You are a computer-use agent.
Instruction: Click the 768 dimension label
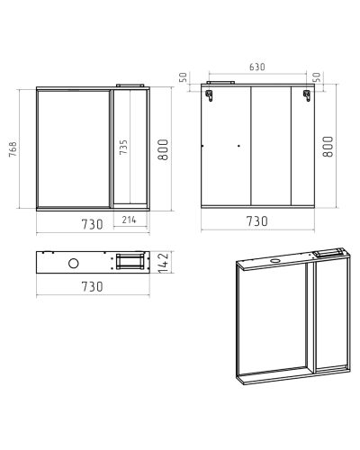coord(13,149)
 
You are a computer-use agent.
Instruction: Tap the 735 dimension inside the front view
coord(123,147)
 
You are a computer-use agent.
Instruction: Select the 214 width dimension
coord(129,220)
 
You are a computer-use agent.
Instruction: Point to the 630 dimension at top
coord(257,67)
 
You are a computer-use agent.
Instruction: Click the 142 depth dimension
coord(164,263)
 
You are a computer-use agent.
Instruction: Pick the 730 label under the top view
coord(93,286)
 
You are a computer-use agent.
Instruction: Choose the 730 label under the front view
coord(93,224)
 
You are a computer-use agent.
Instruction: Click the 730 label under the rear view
coord(257,221)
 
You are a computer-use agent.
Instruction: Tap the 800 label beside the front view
coord(163,149)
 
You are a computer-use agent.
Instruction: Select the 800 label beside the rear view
coord(328,147)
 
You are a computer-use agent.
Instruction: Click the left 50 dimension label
coord(183,77)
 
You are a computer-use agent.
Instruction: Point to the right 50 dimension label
coord(317,77)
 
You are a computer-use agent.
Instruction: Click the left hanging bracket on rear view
coord(209,95)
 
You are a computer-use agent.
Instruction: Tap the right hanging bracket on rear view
coord(307,95)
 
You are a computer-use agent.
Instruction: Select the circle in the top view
coord(74,264)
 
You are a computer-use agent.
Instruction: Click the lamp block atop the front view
coord(130,85)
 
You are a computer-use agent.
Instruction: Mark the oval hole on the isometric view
coord(274,260)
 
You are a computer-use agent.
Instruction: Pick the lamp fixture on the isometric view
coord(329,253)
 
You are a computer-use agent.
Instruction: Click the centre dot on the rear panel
coord(238,146)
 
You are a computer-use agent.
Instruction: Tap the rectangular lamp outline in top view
coord(130,262)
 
